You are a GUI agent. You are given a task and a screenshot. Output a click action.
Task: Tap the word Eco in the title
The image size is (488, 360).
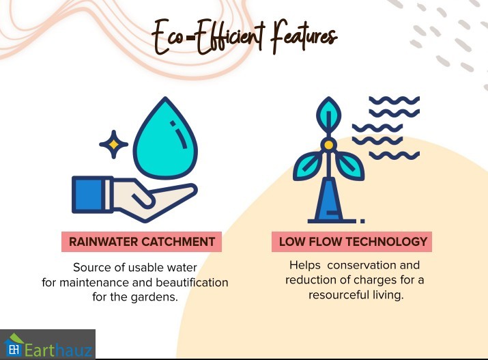click(168, 36)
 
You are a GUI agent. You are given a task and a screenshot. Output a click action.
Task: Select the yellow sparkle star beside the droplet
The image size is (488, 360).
click(113, 144)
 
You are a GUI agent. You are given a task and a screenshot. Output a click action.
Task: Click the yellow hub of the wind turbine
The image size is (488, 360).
click(329, 145)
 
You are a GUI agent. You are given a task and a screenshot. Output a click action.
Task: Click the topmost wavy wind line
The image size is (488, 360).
click(394, 100)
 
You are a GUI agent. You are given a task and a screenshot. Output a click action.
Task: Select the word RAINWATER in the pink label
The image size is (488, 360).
click(103, 242)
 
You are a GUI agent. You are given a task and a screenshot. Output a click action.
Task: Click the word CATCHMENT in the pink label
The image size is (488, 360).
click(178, 242)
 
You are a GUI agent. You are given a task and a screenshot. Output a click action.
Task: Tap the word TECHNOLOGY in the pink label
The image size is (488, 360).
click(386, 242)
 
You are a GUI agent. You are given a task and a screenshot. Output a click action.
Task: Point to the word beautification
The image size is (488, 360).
click(192, 282)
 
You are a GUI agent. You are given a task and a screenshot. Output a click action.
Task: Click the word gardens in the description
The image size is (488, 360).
click(154, 297)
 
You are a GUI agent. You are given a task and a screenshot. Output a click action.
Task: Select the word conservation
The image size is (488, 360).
click(362, 265)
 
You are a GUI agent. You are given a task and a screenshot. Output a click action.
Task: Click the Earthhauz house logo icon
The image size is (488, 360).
click(14, 345)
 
